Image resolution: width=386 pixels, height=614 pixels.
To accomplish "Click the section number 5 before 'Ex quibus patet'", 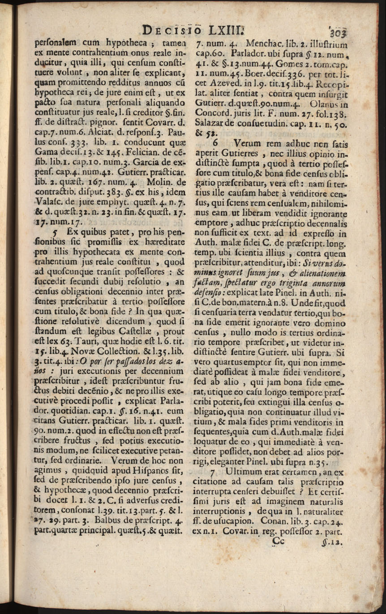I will [x=56, y=233].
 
